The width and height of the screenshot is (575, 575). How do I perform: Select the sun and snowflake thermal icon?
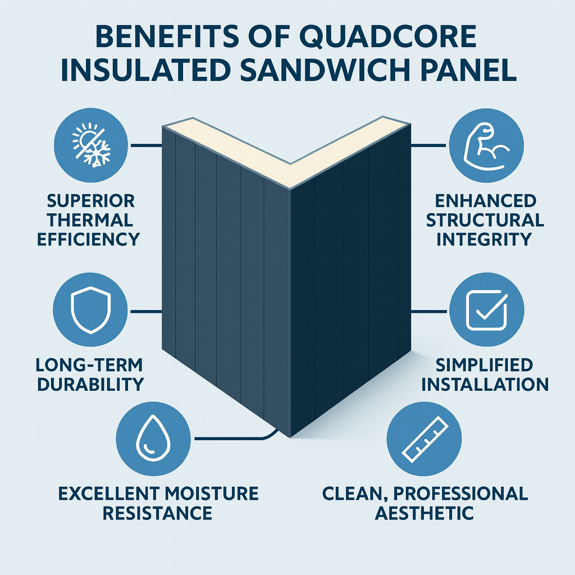pyautogui.click(x=92, y=145)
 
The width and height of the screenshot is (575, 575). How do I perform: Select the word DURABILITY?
pyautogui.click(x=90, y=384)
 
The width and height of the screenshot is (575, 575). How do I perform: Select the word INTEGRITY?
pyautogui.click(x=485, y=239)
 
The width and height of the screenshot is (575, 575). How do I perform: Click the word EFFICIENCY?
pyautogui.click(x=88, y=239)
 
